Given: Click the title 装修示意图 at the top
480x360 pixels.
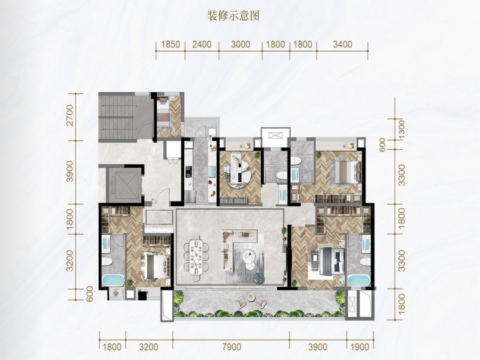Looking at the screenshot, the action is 233,15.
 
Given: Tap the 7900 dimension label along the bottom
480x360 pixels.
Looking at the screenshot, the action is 232,347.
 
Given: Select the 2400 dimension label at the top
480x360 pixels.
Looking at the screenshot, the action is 202,44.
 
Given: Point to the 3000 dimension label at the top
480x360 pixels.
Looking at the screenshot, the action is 241,44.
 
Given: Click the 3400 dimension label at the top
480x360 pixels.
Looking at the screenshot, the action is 342,44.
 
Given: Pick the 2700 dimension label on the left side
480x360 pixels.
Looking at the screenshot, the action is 70,115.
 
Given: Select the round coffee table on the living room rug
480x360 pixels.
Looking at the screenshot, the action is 249,256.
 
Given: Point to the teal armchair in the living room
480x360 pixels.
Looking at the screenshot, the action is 259,278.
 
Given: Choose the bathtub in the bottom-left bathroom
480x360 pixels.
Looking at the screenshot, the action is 113,281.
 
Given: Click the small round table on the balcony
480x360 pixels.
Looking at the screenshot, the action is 251,296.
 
